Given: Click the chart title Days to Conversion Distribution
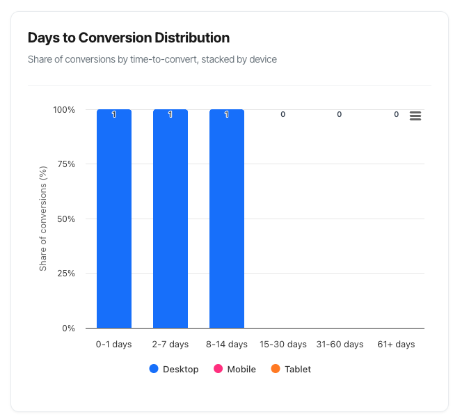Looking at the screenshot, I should [129, 38].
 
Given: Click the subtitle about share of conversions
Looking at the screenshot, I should [152, 59].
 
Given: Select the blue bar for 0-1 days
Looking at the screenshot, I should [114, 219].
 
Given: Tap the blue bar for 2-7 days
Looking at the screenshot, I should [170, 219].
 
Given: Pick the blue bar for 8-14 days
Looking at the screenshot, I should [227, 219].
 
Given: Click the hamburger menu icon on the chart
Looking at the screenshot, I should [415, 116].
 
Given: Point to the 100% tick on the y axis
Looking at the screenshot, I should [64, 110].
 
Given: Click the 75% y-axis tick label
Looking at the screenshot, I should [66, 164].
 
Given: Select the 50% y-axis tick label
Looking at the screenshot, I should [66, 219].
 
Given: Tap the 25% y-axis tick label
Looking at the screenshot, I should [66, 274].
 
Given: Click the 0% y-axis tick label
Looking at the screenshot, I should [69, 328].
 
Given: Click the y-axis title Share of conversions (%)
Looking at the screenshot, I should [43, 219].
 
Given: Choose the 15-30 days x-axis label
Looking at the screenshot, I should [283, 345].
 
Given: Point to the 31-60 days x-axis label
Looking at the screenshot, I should [340, 345].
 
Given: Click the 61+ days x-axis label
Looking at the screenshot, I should [396, 345].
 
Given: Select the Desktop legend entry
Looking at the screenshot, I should [174, 369].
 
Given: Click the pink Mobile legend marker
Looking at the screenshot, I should [218, 369].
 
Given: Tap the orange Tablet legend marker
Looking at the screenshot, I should [276, 369].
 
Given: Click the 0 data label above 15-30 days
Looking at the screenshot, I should [283, 114].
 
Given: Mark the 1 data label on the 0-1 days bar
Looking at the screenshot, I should [114, 114].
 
